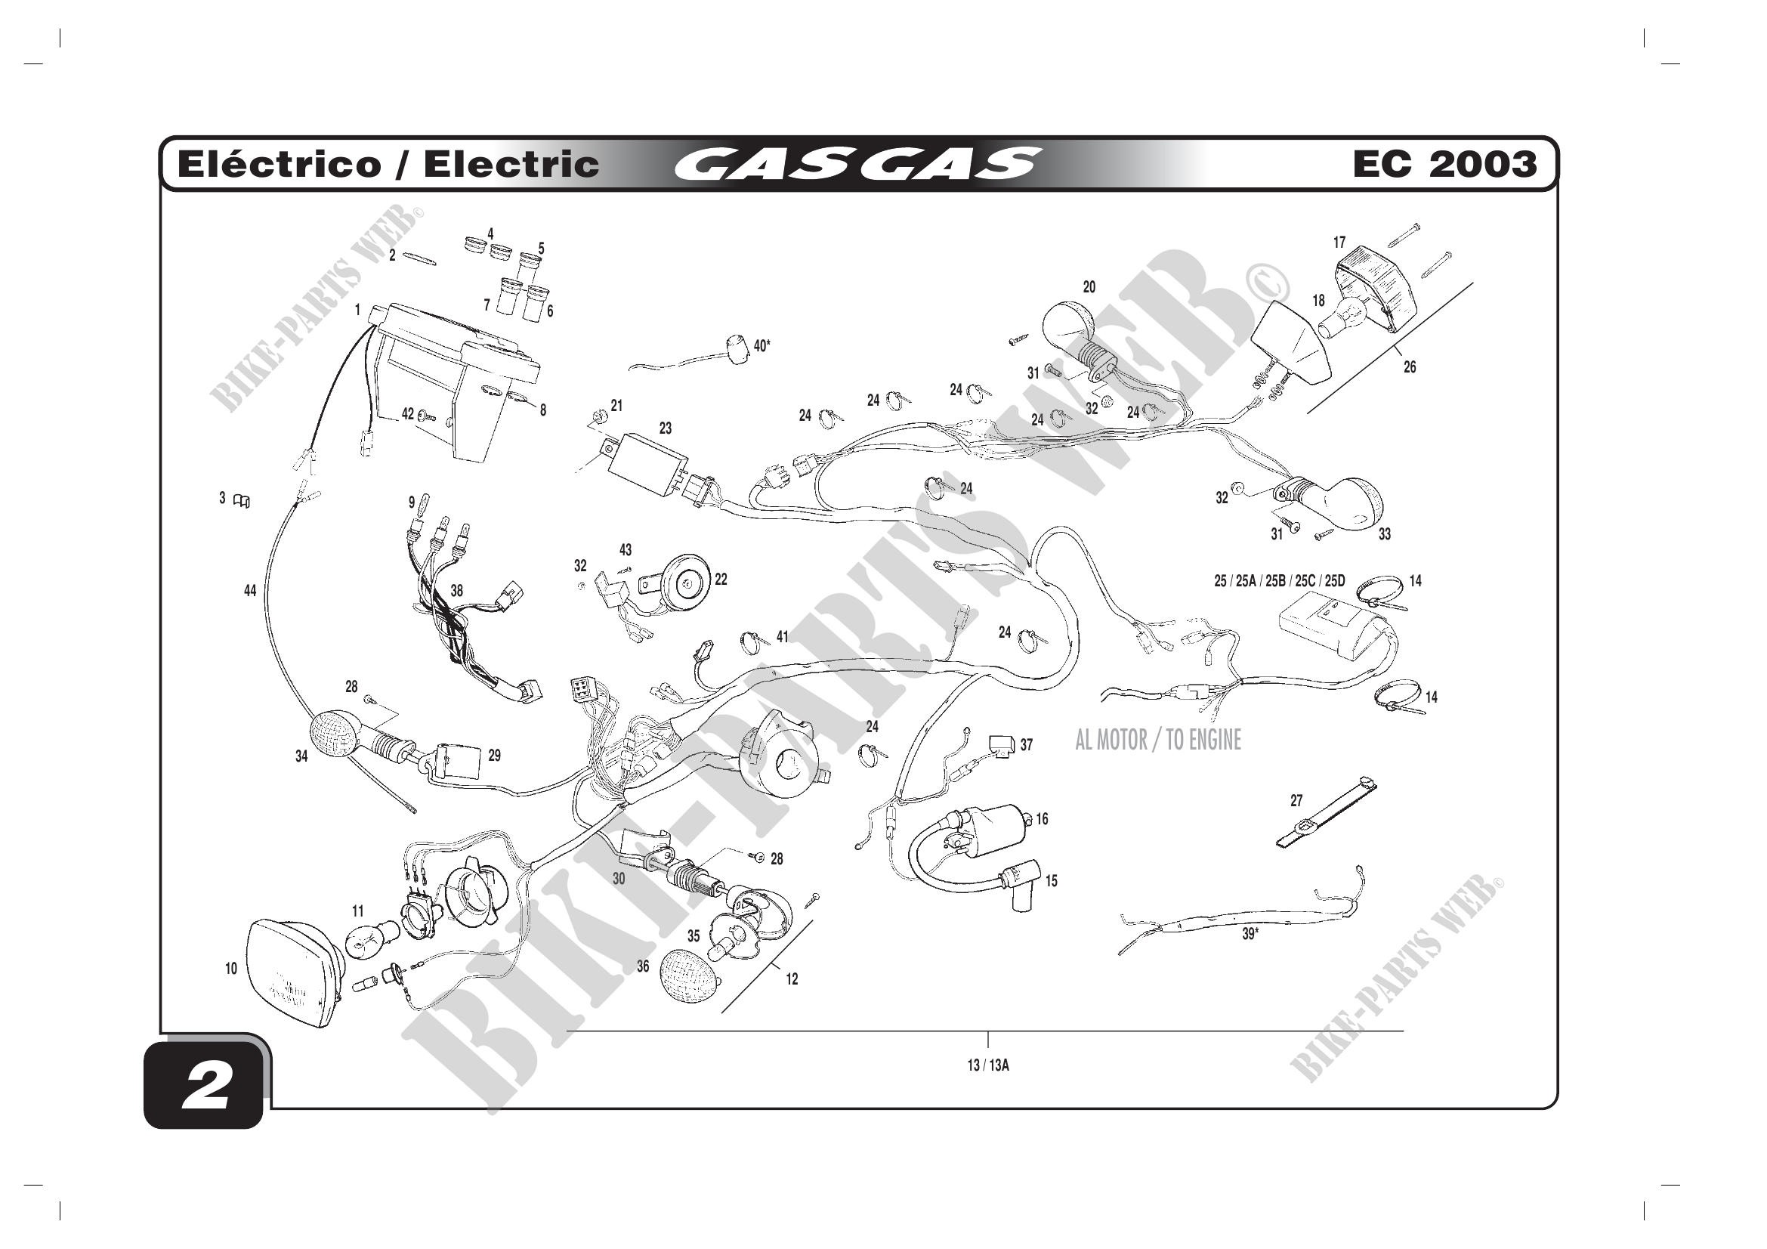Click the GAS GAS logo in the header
856,164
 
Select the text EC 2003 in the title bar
1444,164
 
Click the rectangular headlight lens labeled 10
290,971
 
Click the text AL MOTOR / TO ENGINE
1157,740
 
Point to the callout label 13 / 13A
987,1065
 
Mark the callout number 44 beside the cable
250,591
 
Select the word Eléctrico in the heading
279,165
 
